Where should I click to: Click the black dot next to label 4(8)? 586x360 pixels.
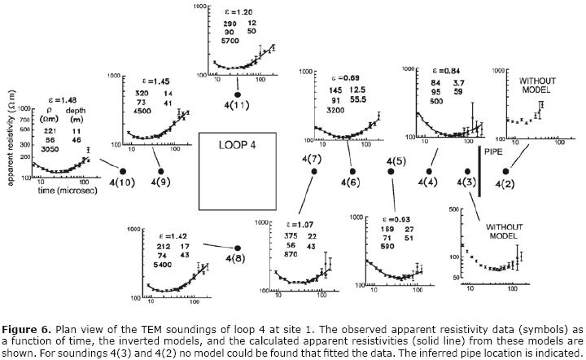(x=238, y=247)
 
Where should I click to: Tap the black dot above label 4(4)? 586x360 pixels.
(x=429, y=171)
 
